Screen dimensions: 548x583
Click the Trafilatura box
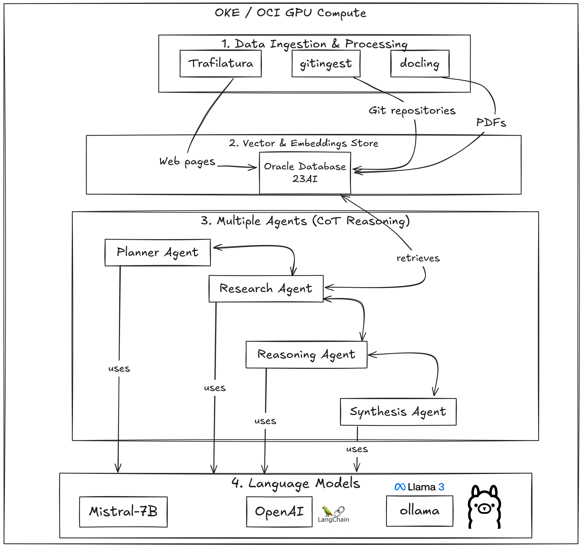pos(221,64)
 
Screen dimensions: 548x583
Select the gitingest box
pos(326,64)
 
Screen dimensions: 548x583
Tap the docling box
pos(420,64)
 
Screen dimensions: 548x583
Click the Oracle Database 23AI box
pos(305,173)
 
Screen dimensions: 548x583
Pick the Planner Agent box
pos(157,252)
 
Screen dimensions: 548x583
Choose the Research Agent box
pos(266,289)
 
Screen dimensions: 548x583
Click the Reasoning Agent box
pos(306,354)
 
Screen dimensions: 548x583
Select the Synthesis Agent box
pos(398,412)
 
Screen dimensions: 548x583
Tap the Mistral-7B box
pos(123,512)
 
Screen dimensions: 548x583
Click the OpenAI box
pos(279,512)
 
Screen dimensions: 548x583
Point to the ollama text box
pos(419,511)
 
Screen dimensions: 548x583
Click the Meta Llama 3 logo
pos(419,487)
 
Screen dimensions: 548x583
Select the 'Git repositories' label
pos(412,110)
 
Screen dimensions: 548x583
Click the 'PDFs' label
pos(491,123)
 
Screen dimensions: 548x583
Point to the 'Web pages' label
pos(187,162)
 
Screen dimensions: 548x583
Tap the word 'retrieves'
pos(418,258)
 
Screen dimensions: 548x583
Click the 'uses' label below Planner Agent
pos(119,369)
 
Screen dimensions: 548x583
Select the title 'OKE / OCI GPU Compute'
pos(290,13)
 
